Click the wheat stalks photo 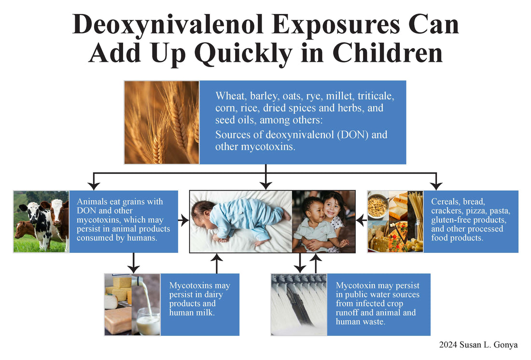pyautogui.click(x=162, y=123)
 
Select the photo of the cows pyautogui.click(x=41, y=222)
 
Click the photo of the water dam pyautogui.click(x=298, y=305)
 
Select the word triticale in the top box pyautogui.click(x=376, y=96)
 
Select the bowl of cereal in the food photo pyautogui.click(x=377, y=207)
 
